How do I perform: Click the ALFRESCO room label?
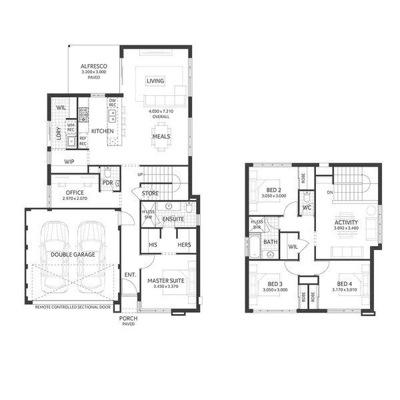[90, 67]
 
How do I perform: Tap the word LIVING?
[155, 81]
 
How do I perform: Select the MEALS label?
[161, 136]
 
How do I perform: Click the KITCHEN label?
[102, 131]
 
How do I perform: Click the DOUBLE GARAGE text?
[72, 255]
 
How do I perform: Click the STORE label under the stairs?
[151, 193]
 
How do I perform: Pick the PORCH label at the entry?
[128, 318]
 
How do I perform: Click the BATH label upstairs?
[270, 242]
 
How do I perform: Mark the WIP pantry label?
[69, 161]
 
